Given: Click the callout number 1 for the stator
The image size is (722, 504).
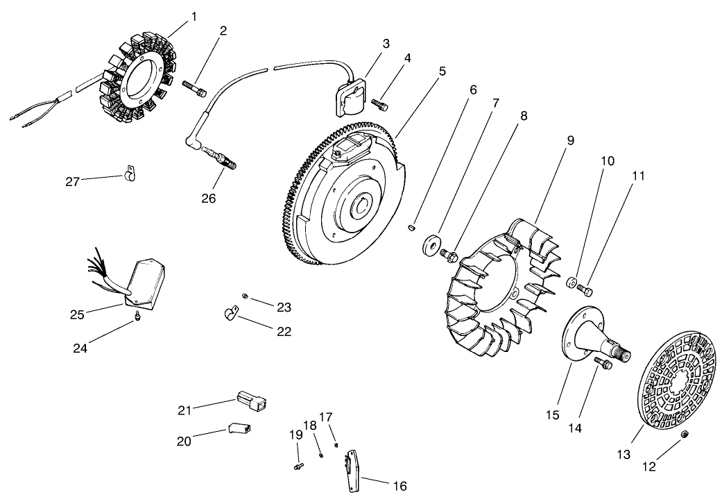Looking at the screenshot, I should (x=194, y=16).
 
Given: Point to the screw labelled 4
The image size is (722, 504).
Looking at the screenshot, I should (x=380, y=105).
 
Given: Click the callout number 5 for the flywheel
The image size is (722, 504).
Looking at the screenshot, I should (x=442, y=72).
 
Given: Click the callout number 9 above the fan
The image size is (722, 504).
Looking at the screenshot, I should (x=569, y=140).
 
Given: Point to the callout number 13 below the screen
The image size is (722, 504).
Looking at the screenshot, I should (x=624, y=454).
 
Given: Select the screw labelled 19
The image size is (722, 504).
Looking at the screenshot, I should (x=298, y=467).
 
